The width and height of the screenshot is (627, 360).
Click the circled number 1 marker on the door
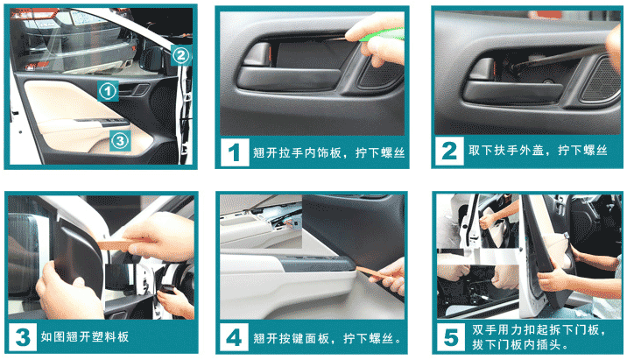point(108,91)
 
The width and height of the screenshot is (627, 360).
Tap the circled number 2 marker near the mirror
point(180,55)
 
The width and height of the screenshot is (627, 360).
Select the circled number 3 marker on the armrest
point(120,140)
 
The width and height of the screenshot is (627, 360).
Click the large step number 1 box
point(235,152)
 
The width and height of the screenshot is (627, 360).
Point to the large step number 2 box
point(449,151)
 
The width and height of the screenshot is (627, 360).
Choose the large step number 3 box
point(23,337)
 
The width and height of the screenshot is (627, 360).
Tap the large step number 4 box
point(234,337)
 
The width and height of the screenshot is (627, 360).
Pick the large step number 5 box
point(451,337)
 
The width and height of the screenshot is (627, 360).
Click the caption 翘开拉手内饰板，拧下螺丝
point(328,152)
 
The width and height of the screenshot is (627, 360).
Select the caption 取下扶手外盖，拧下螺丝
point(538,151)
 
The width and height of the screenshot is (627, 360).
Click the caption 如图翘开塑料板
point(84,337)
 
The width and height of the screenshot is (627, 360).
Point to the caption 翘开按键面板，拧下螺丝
point(328,338)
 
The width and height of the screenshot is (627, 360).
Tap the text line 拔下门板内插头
point(520,344)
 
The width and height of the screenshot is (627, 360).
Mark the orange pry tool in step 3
point(120,244)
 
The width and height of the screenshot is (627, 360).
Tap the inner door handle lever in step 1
point(257,54)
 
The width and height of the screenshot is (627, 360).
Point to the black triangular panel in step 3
point(76,256)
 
